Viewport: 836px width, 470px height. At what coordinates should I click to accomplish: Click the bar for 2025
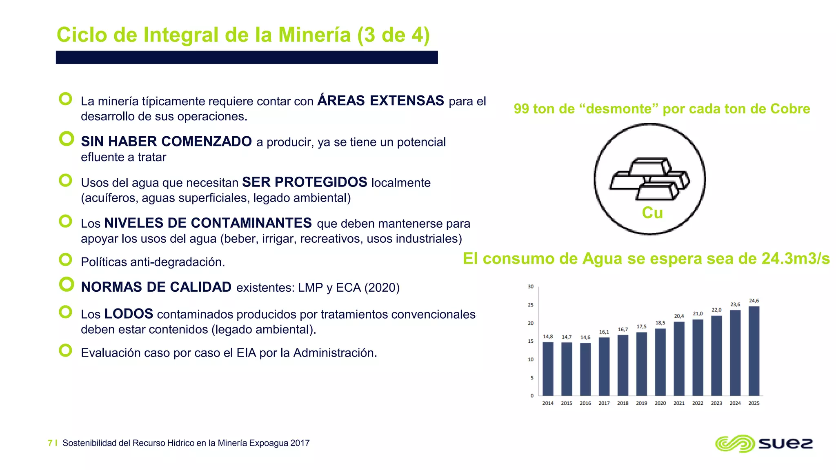[x=754, y=351]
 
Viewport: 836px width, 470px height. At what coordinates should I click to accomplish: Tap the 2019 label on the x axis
[x=641, y=403]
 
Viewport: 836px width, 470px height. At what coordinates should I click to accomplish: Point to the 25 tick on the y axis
[x=531, y=305]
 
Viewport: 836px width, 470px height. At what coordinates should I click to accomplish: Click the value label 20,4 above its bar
[x=679, y=316]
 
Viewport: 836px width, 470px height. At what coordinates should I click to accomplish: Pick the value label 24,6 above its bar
[x=754, y=301]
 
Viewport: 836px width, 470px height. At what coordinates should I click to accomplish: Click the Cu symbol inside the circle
[x=652, y=213]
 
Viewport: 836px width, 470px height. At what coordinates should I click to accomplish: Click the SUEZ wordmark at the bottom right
[x=785, y=443]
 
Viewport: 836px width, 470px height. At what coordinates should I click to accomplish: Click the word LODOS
[x=129, y=314]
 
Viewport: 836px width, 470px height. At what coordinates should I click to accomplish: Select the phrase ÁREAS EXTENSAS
[x=380, y=100]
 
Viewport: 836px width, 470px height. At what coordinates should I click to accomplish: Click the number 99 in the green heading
[x=521, y=109]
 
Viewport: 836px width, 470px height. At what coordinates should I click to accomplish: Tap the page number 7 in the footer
[x=50, y=443]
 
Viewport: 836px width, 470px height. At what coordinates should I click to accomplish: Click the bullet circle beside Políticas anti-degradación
[x=66, y=259]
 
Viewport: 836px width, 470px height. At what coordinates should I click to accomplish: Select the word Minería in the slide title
[x=314, y=35]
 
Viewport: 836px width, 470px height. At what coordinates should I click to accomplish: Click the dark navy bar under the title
[x=247, y=58]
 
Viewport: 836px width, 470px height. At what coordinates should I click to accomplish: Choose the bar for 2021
[x=679, y=359]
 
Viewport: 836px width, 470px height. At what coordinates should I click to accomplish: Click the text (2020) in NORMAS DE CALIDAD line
[x=382, y=288]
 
